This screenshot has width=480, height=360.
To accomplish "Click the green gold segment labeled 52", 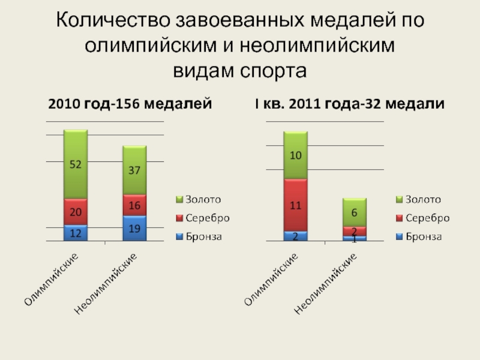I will click(x=76, y=164).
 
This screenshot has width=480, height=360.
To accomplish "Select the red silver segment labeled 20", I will click(x=76, y=212).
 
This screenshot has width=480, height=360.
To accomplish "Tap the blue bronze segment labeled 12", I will click(x=76, y=233).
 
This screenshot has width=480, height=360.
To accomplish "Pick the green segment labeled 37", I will click(x=134, y=170).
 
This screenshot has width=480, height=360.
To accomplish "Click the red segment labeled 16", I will click(x=134, y=205).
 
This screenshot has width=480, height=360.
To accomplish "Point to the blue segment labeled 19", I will click(x=134, y=228).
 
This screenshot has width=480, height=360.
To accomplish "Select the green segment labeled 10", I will click(x=296, y=155).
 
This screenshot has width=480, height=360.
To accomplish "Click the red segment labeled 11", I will click(x=296, y=205).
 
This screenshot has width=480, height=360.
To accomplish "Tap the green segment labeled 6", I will click(x=354, y=212).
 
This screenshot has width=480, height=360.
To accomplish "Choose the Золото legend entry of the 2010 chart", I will click(x=199, y=199).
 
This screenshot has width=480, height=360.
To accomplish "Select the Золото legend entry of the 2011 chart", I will click(x=418, y=199).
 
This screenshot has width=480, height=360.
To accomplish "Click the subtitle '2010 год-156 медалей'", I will click(x=130, y=104).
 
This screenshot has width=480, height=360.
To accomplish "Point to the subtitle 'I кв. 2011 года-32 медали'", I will click(x=349, y=104).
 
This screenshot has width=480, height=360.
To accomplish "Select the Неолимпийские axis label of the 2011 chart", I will click(x=327, y=283).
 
